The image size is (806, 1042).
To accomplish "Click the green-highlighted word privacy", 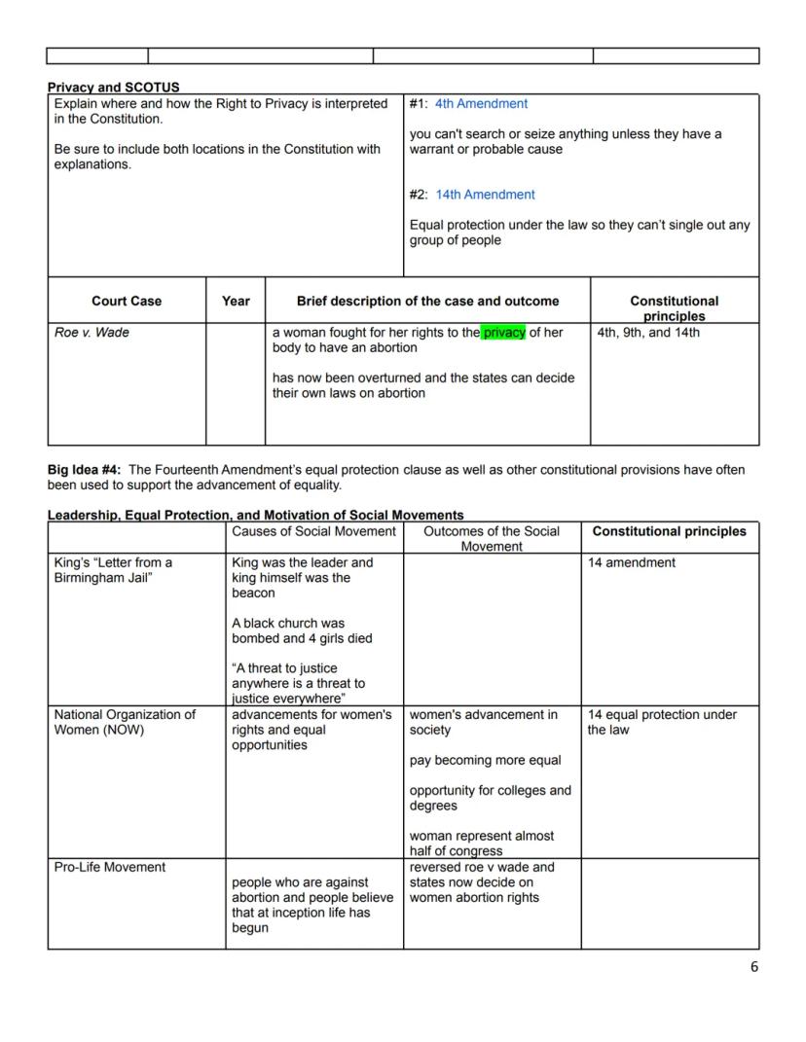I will tap(503, 333).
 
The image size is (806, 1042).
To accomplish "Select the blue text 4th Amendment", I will tap(481, 103).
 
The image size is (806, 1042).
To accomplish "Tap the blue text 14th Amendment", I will tap(485, 195).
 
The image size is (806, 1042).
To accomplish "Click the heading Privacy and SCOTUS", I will tap(113, 88).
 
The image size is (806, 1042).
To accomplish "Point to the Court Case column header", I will tap(127, 302).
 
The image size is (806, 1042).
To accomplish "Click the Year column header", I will tap(236, 302).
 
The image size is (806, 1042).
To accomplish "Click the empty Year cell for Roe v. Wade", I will tap(236, 384).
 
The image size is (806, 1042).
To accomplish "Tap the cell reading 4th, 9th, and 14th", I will tap(647, 333).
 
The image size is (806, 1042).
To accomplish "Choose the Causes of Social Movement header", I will tap(313, 531).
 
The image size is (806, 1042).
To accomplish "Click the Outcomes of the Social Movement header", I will tap(492, 538).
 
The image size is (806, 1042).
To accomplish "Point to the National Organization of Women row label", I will tap(125, 722).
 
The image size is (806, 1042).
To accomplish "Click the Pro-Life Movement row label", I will tap(110, 867).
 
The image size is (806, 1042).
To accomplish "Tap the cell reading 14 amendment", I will tap(631, 562).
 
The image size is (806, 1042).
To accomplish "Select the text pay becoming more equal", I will tap(485, 760).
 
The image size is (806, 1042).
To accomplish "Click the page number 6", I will tap(753, 966).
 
